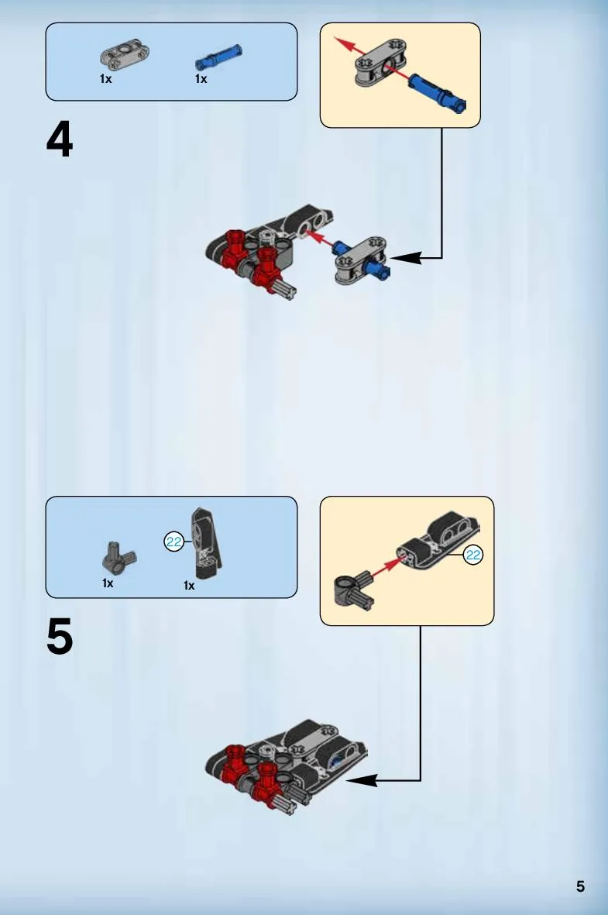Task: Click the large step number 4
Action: (x=60, y=139)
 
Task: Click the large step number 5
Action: (x=60, y=636)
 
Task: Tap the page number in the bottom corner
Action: (x=580, y=886)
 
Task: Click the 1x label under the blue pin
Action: (x=201, y=79)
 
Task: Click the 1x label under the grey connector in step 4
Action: (x=105, y=79)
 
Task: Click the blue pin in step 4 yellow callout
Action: (x=438, y=93)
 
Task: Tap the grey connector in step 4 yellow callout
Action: (x=380, y=63)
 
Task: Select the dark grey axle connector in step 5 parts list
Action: (x=119, y=559)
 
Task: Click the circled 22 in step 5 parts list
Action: (x=174, y=542)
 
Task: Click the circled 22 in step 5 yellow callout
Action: (x=472, y=555)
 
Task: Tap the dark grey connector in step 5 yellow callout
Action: (x=354, y=590)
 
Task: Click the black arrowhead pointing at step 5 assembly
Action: (x=362, y=780)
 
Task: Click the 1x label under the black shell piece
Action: (x=189, y=585)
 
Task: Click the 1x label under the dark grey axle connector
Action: (x=108, y=583)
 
